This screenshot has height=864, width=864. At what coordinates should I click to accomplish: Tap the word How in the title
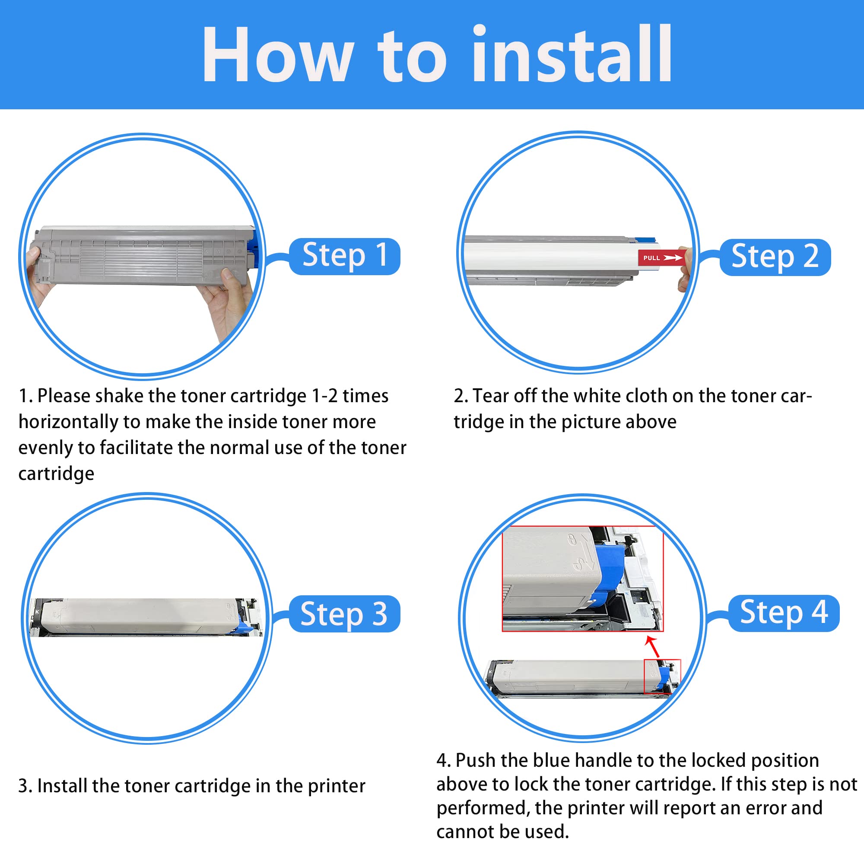[x=277, y=54]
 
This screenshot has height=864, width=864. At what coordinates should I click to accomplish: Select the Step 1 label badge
[x=345, y=256]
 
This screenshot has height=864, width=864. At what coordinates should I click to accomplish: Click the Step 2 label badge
[x=775, y=257]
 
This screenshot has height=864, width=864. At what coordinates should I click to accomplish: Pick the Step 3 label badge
[x=345, y=613]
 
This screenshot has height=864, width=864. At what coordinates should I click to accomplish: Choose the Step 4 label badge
[x=784, y=613]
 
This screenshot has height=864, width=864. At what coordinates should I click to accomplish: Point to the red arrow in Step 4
[x=652, y=647]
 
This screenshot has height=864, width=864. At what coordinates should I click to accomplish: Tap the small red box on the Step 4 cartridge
[x=662, y=676]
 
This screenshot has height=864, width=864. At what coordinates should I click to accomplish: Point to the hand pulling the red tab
[x=685, y=268]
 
